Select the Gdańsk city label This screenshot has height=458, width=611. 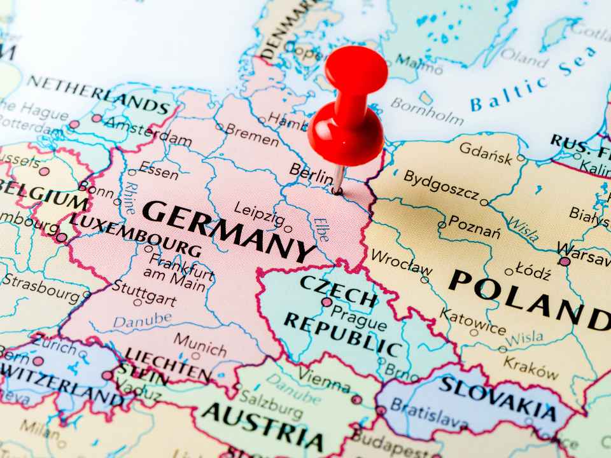[x=486, y=153]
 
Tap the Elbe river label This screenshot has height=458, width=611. [x=321, y=229]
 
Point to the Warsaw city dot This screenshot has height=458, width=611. [x=565, y=261]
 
